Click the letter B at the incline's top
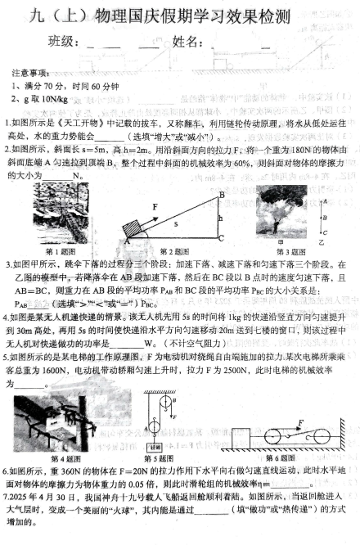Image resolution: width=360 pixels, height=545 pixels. pos(221,194)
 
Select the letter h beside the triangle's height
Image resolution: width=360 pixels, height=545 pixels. pos(219,217)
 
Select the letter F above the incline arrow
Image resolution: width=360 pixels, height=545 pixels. pos(155,206)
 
